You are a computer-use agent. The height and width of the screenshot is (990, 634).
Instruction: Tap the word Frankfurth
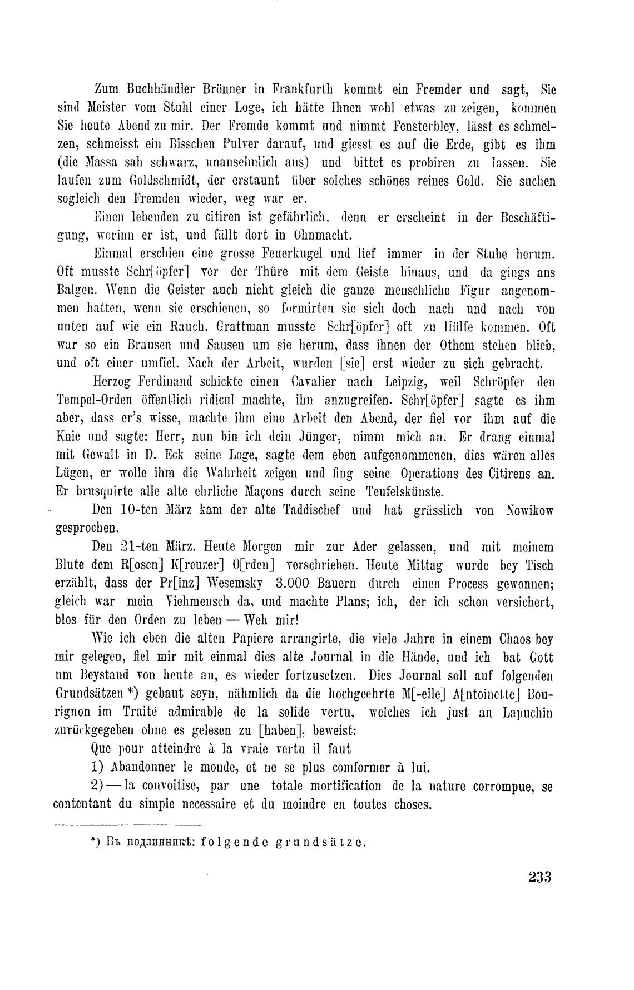pyautogui.click(x=303, y=89)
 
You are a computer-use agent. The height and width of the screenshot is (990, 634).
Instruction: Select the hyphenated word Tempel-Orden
pyautogui.click(x=100, y=401)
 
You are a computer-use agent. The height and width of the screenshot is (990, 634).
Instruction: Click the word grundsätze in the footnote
pyautogui.click(x=319, y=842)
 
